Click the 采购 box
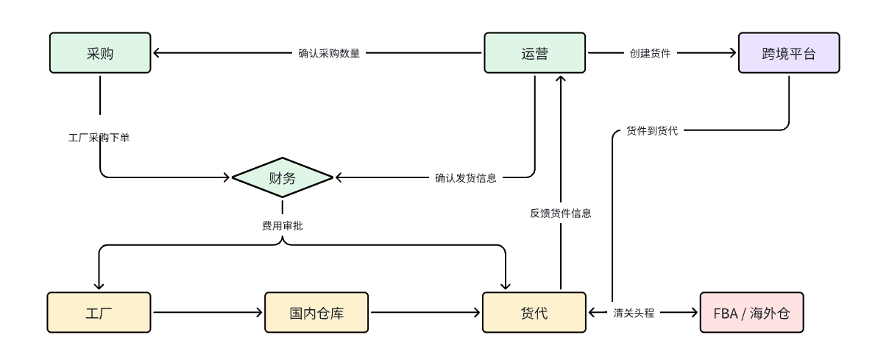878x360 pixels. tap(100, 53)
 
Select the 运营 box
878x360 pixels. tap(534, 53)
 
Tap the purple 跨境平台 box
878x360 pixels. tap(789, 53)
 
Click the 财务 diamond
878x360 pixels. tap(283, 177)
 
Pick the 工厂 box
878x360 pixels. tap(99, 312)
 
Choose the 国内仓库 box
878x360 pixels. tap(316, 312)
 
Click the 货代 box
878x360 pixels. tap(534, 312)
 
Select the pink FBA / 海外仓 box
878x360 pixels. tap(751, 312)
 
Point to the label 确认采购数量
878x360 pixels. tap(329, 53)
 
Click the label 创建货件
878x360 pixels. tap(650, 53)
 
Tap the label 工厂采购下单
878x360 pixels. tap(99, 138)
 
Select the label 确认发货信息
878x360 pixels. tap(465, 177)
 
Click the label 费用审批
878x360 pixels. tap(282, 226)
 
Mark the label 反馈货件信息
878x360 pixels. tap(561, 213)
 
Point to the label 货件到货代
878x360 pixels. tap(652, 130)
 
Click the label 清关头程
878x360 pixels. tap(634, 312)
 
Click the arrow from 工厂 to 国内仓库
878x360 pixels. tap(208, 312)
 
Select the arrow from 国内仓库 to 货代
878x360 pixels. tap(425, 312)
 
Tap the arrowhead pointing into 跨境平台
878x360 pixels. tap(732, 53)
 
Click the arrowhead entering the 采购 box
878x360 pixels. tap(157, 53)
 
